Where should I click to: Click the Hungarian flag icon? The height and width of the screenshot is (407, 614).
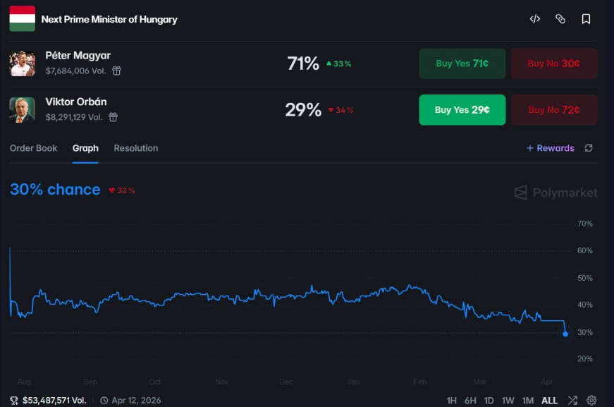23,18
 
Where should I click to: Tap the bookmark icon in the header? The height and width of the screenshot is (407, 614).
586,19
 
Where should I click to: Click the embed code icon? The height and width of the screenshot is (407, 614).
535,19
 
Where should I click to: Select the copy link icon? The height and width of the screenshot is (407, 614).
560,19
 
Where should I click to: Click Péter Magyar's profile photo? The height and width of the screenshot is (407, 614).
23,63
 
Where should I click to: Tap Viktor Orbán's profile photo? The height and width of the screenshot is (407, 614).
23,109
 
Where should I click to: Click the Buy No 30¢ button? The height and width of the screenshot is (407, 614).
554,63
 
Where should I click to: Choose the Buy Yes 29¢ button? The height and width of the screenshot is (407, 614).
462,109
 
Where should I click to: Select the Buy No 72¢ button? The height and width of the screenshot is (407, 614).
554,109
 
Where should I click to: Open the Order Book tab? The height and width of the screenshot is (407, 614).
33,148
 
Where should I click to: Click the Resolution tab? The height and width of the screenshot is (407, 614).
136,148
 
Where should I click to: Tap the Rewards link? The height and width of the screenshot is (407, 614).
551,148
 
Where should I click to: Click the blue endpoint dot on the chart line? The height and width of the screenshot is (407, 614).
565,334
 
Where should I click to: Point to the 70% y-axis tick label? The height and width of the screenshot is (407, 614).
585,224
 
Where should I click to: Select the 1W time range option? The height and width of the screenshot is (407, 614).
508,401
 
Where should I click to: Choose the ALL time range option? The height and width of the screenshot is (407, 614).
549,401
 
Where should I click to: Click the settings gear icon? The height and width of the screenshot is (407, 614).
591,401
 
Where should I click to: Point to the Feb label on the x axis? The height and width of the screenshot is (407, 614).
420,382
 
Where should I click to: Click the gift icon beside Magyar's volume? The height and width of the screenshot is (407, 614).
117,71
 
